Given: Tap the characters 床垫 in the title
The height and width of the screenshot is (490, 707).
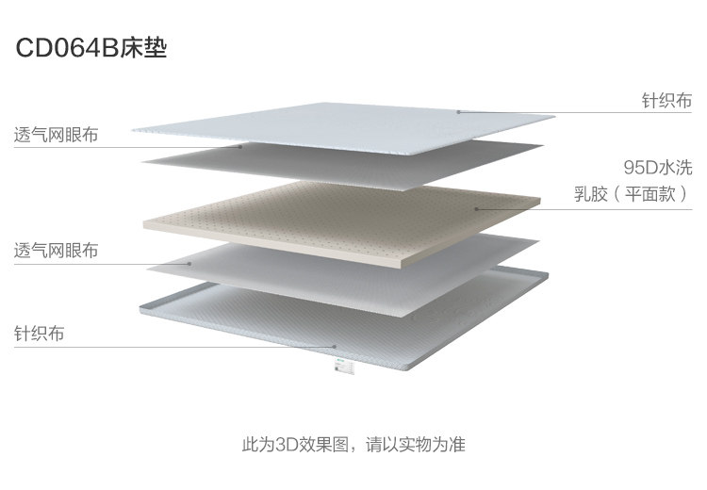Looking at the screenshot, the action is (143, 49).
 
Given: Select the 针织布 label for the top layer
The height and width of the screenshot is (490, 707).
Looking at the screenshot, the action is (666, 100).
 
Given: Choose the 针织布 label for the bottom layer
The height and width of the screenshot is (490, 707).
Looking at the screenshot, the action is (40, 334).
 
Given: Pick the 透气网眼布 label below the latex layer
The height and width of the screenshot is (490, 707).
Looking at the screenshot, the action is (56, 252).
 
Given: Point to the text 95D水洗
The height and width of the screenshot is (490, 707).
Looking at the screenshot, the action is (657, 168).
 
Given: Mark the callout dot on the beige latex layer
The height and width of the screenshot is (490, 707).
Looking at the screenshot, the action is (477, 208).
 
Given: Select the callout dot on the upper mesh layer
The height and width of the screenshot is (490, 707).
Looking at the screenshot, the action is (242, 146).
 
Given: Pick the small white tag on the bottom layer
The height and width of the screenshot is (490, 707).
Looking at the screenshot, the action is (338, 368).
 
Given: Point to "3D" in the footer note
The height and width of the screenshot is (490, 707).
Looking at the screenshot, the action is (288, 444).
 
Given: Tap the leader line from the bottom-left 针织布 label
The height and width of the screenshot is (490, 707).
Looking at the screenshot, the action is (170, 347).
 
